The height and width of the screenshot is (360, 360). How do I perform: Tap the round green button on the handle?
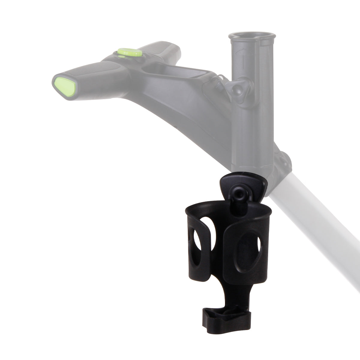point(130,52)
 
